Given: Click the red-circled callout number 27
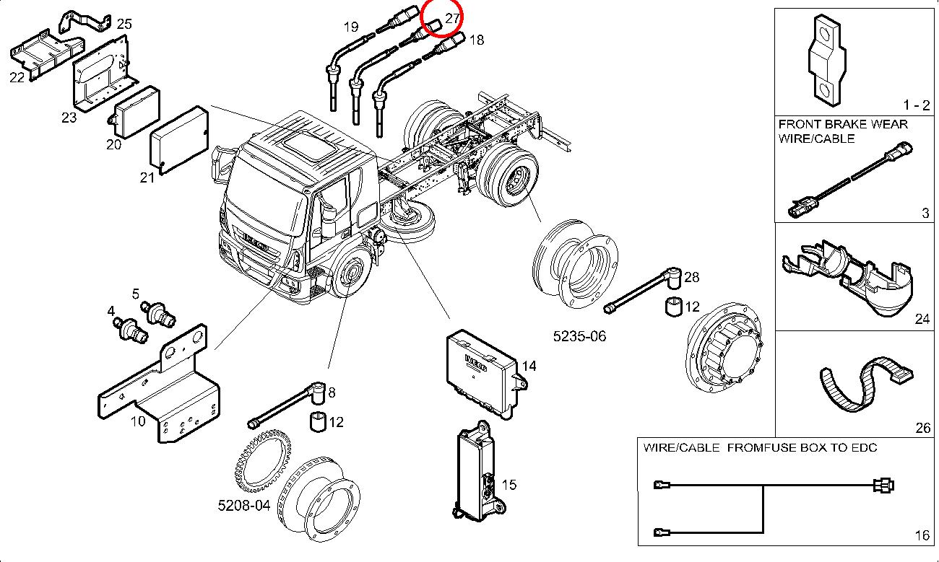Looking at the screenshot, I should pyautogui.click(x=452, y=18).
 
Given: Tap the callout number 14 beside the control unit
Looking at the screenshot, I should pyautogui.click(x=529, y=366).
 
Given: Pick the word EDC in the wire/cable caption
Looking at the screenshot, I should pyautogui.click(x=865, y=447).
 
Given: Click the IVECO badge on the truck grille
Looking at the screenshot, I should pyautogui.click(x=255, y=242).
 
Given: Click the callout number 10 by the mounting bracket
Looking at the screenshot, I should pyautogui.click(x=138, y=421).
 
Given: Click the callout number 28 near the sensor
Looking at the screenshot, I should pyautogui.click(x=691, y=277).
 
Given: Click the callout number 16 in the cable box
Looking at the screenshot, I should pyautogui.click(x=922, y=535).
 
